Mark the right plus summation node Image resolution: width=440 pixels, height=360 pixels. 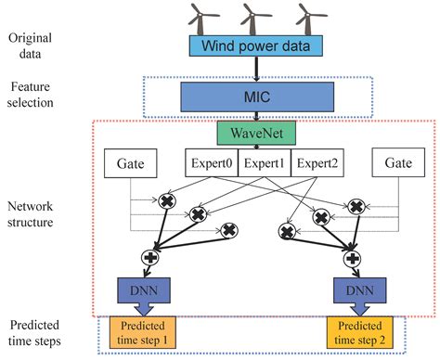coord(351,257)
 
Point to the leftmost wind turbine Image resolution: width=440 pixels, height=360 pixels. coord(200,15)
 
